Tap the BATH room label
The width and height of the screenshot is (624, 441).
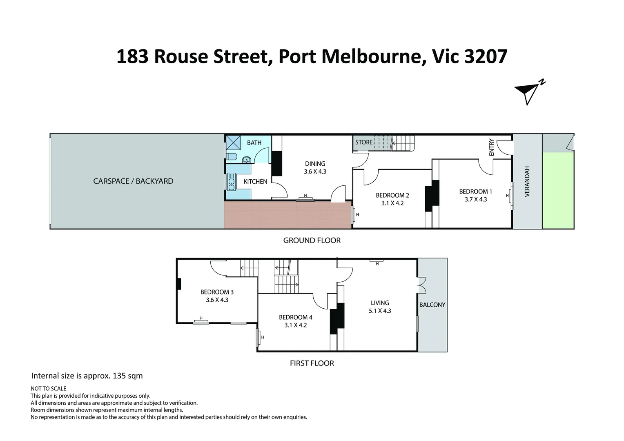pos(254,143)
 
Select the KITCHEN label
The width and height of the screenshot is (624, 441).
pos(255,182)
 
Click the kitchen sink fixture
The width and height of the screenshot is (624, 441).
pos(232,182)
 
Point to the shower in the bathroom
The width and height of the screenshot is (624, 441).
pos(233,143)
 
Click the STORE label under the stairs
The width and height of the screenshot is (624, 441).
pos(364,142)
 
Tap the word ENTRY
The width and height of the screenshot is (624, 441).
pos(491,147)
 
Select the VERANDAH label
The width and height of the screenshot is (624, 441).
pos(527,182)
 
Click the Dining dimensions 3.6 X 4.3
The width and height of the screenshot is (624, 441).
pos(315,171)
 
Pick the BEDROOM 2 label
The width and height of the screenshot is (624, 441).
pos(392,195)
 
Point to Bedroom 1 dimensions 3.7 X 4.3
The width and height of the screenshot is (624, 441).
pos(475,199)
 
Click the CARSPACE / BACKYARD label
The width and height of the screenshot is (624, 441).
pos(133,181)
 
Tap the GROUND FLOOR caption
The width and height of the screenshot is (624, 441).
pos(312,241)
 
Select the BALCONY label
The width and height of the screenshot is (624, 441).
pos(432,305)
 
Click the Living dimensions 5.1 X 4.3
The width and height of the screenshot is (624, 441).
pos(380,311)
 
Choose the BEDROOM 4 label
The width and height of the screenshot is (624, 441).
pos(296,317)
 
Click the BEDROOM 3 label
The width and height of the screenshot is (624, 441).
pos(217,292)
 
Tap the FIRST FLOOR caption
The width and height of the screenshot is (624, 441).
pos(312,363)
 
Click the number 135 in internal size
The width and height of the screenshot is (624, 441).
pos(119,376)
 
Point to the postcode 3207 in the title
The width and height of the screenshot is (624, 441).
pos(486,57)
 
